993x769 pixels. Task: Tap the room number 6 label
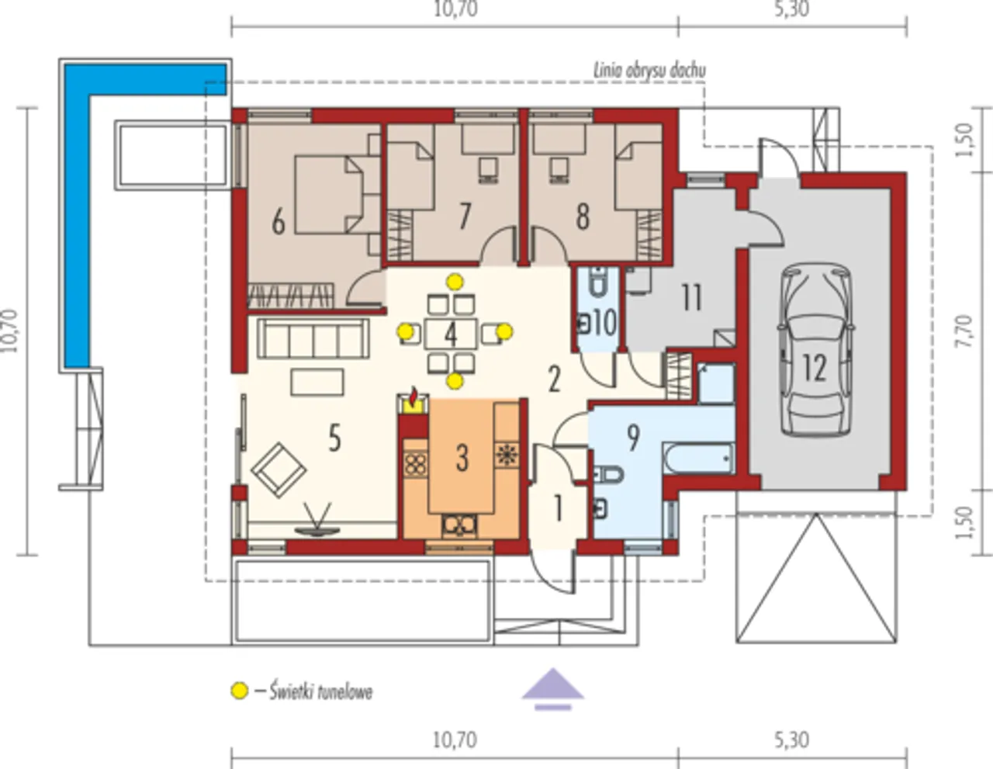(279, 223)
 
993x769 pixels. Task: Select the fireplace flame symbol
(413, 397)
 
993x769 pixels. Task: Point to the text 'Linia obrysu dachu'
(649, 71)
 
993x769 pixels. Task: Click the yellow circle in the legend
(240, 691)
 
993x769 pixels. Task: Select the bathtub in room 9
(699, 459)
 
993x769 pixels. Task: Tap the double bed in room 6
(330, 195)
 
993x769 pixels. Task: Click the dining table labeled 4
(451, 334)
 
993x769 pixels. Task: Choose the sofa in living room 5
(313, 338)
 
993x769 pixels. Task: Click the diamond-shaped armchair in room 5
(279, 470)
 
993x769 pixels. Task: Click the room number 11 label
(691, 297)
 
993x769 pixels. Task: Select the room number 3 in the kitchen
(462, 459)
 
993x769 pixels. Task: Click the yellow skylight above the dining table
(455, 282)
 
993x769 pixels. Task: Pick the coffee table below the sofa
(317, 382)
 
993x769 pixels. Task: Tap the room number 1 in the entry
(557, 508)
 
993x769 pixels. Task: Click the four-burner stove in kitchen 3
(415, 463)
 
